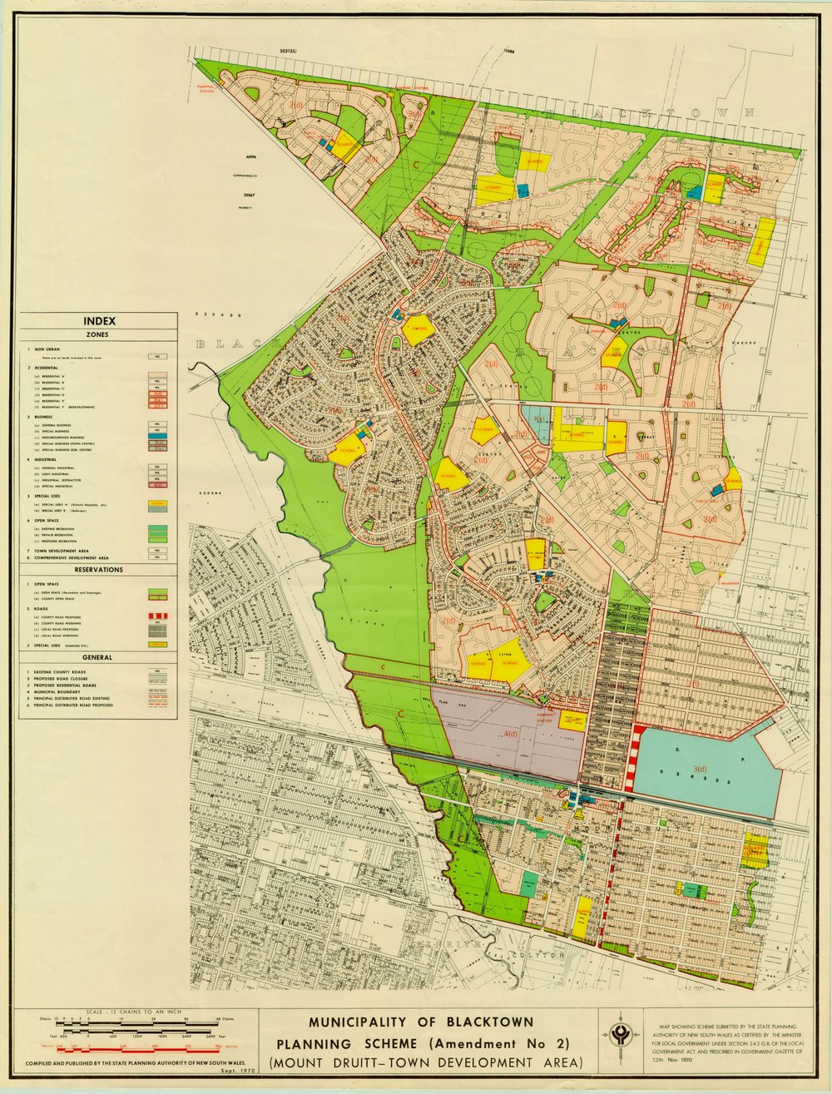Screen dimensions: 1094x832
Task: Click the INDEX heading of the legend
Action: point(99,321)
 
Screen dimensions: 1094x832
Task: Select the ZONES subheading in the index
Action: point(99,334)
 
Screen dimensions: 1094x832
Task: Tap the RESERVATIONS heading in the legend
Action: point(99,570)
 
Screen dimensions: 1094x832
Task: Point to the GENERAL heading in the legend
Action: point(99,657)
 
